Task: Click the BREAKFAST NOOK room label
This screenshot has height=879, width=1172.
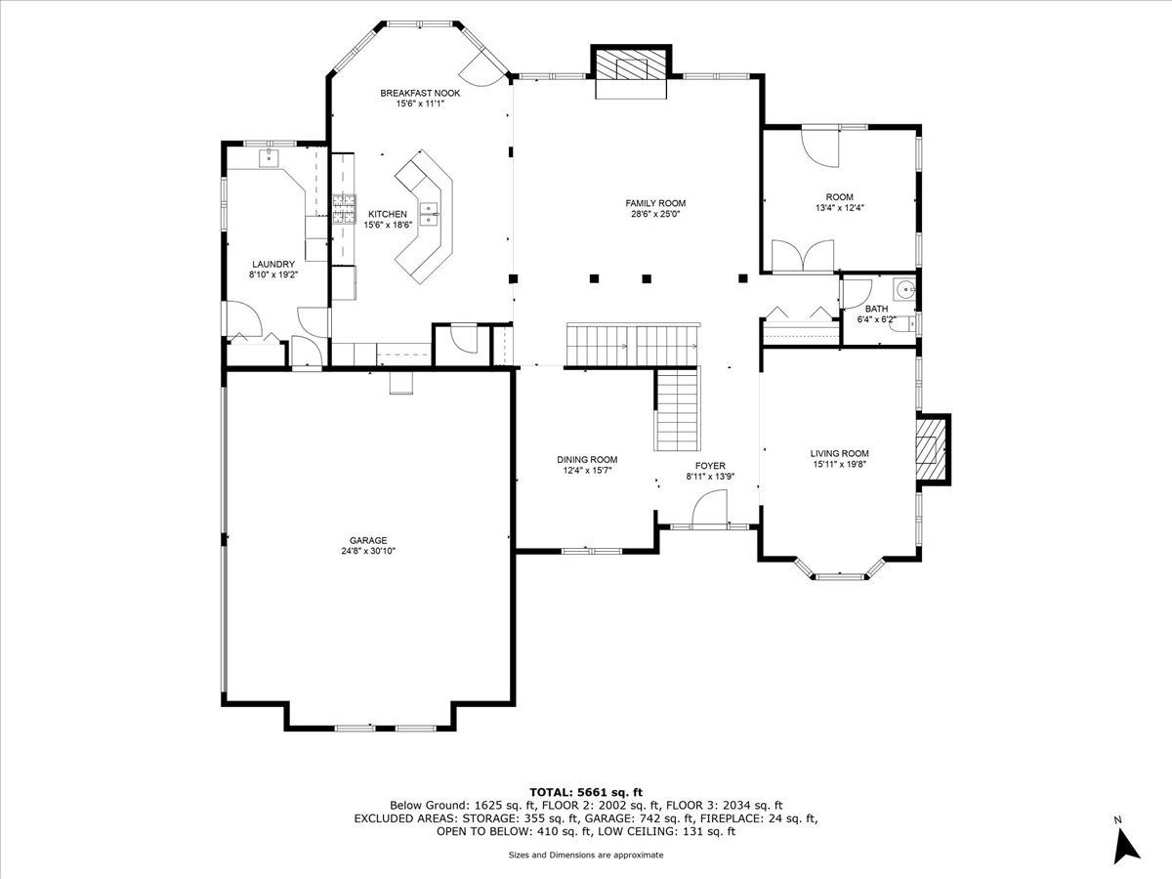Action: (x=420, y=94)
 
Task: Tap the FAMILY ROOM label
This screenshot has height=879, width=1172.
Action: (x=655, y=203)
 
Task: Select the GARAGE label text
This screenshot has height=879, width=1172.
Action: (x=368, y=541)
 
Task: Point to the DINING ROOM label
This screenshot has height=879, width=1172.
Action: (x=587, y=459)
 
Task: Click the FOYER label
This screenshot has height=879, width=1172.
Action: (x=710, y=466)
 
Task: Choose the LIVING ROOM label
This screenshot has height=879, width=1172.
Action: (x=839, y=453)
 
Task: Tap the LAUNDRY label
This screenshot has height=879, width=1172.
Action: (x=272, y=264)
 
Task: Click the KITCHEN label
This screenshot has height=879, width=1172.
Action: (x=387, y=214)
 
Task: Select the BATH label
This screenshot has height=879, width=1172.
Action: (x=876, y=309)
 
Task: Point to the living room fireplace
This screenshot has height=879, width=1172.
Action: (x=933, y=449)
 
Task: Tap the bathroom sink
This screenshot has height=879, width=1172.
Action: (x=904, y=289)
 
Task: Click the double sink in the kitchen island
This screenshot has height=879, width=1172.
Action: (x=429, y=214)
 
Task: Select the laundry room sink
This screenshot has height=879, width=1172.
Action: (x=269, y=158)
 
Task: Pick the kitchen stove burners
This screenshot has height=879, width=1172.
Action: (x=345, y=209)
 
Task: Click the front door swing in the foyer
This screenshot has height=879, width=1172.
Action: (x=709, y=509)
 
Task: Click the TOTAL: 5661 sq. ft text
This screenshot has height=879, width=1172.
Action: (x=586, y=792)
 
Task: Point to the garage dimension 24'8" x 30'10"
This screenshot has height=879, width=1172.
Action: (x=368, y=551)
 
